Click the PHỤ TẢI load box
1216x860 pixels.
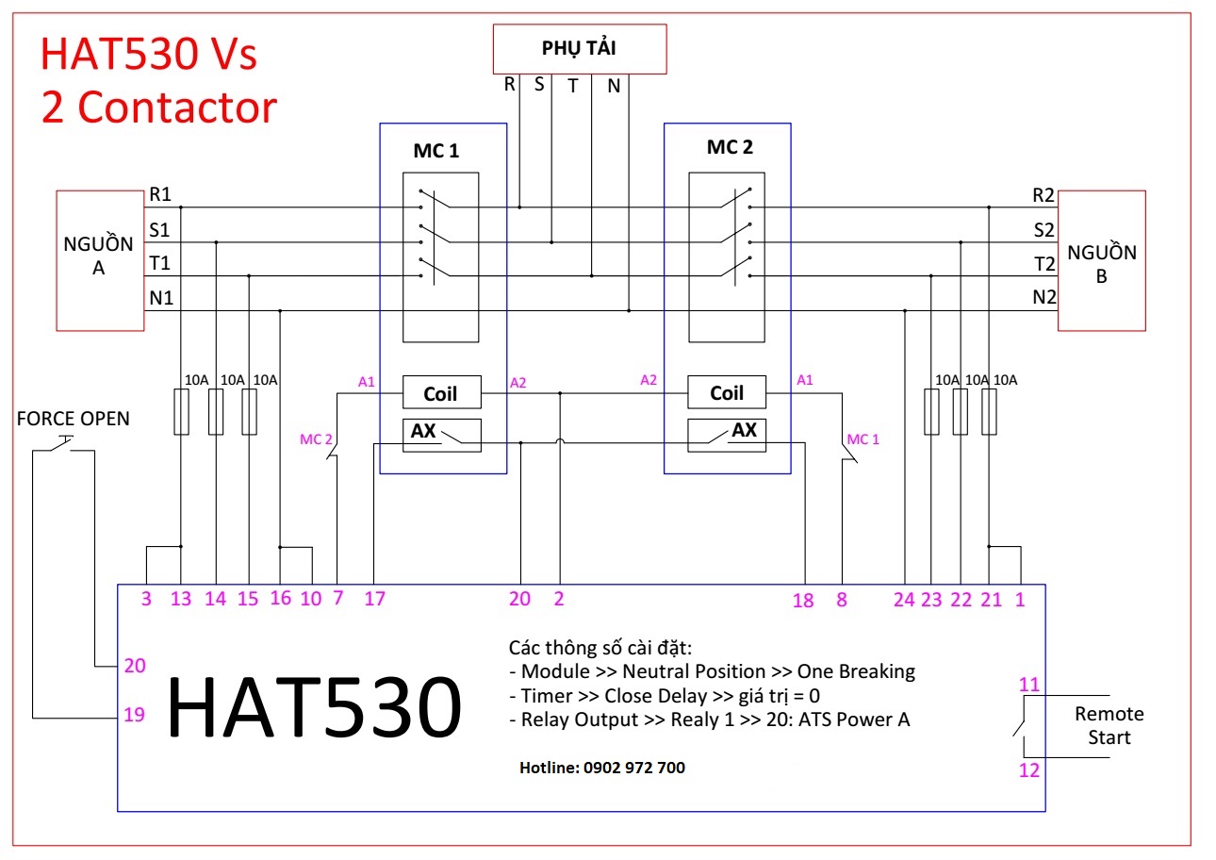[579, 48]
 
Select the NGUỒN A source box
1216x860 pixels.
[100, 260]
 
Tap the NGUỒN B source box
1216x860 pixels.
[1101, 260]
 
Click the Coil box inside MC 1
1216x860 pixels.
[441, 392]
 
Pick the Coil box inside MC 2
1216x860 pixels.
[727, 392]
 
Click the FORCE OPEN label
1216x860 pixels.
[73, 419]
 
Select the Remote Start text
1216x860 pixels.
[1109, 726]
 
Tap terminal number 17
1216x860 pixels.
[374, 599]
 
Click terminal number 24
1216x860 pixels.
[904, 599]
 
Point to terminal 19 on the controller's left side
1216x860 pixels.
[134, 715]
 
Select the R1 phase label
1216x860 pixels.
[159, 195]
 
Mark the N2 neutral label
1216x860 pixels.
[1043, 298]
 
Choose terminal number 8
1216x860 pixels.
[842, 599]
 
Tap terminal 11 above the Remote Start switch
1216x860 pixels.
[1029, 684]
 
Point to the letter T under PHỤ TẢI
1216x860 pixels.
[572, 85]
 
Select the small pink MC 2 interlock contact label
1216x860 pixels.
[316, 438]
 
